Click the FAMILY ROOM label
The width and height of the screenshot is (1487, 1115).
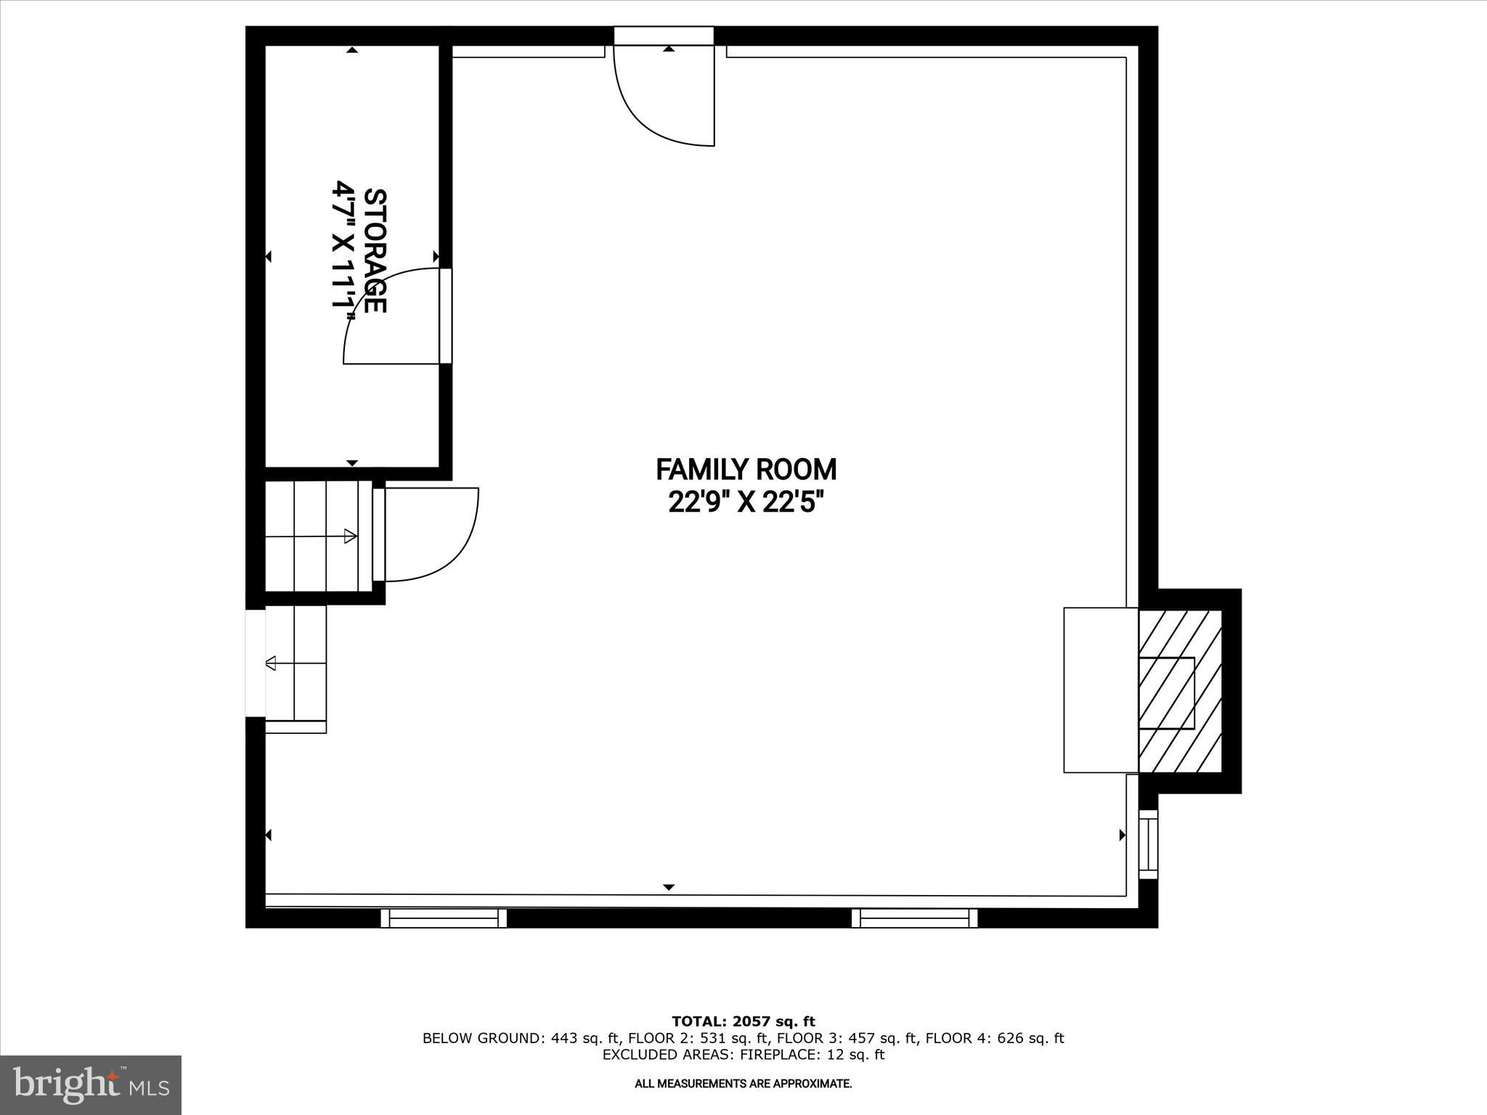(746, 470)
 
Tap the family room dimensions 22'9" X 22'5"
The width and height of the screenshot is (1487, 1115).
(746, 502)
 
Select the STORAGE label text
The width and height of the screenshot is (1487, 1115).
(375, 251)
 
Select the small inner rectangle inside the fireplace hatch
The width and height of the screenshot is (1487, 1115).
(1166, 693)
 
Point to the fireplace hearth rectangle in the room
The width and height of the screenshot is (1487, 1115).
(1100, 690)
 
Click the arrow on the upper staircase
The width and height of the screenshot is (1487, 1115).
(349, 536)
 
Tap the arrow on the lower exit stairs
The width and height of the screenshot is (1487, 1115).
(272, 663)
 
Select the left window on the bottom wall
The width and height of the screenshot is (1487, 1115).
(444, 918)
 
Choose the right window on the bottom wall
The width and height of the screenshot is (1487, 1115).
(914, 918)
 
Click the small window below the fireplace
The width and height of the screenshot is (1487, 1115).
(1147, 844)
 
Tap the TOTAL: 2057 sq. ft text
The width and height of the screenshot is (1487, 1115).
(743, 1022)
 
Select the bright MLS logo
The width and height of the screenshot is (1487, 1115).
(91, 1085)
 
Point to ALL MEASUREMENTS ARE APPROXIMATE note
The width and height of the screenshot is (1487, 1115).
(743, 1084)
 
